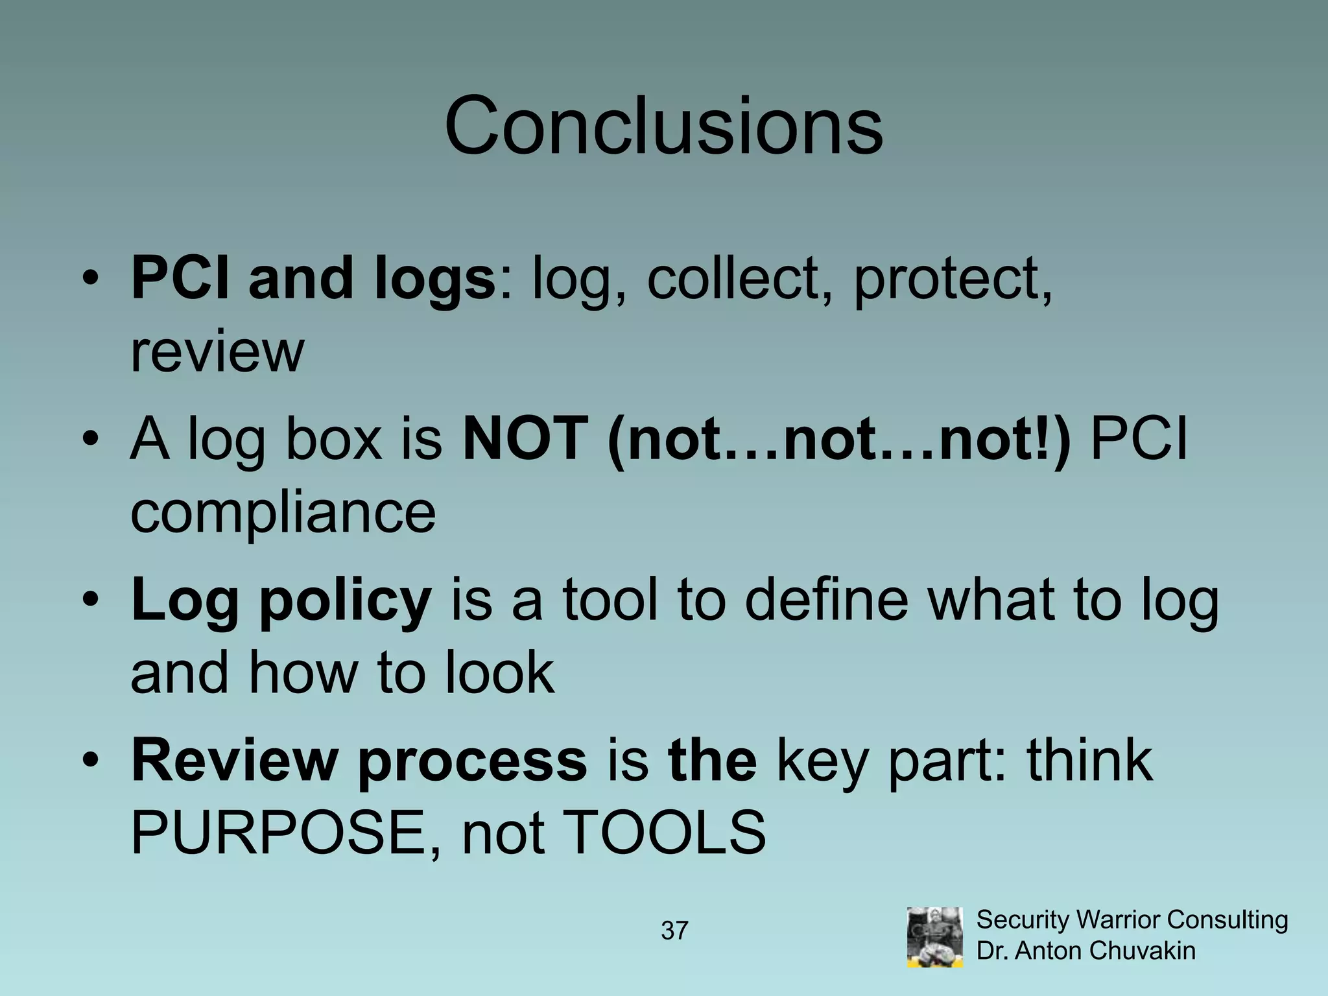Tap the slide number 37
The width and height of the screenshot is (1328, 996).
tap(674, 931)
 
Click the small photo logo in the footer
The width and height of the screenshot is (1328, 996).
tap(934, 937)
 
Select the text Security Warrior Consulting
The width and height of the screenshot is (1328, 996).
tap(1132, 919)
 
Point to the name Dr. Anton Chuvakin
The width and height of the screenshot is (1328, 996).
tap(1085, 951)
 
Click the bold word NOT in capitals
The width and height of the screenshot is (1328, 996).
tap(525, 440)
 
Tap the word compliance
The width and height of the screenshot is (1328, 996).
tap(283, 512)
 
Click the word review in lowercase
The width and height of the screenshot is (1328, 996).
tap(217, 353)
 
